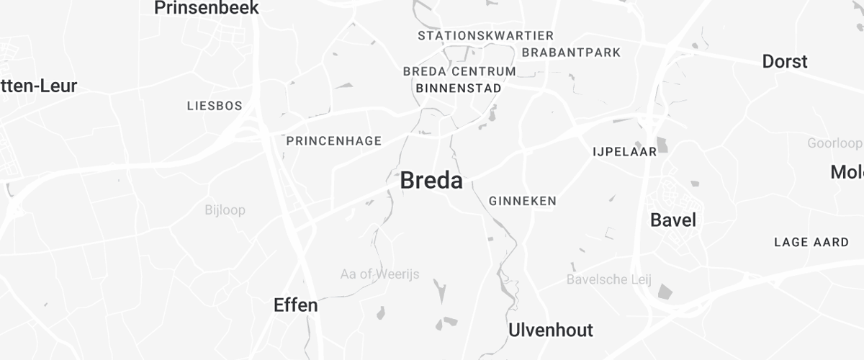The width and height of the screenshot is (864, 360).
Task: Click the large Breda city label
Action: click(431, 180)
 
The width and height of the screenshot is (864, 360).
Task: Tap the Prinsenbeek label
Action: click(207, 8)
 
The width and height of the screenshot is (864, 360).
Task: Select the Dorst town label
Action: click(785, 62)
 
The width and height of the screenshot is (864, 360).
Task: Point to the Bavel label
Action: click(673, 220)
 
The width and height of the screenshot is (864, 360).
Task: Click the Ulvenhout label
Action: click(551, 330)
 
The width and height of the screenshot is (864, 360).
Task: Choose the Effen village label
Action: click(296, 305)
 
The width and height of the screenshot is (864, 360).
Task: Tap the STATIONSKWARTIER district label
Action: click(486, 35)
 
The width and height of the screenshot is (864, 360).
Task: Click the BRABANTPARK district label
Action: click(571, 53)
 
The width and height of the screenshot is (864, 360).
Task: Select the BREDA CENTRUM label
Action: click(459, 71)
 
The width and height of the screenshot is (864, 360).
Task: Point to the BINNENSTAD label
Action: click(459, 88)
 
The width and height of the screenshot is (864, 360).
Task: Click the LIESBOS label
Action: click(215, 106)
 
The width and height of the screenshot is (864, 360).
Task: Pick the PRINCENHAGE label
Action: click(334, 140)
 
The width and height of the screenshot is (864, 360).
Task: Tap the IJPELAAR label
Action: click(624, 152)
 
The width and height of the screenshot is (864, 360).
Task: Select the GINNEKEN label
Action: click(523, 201)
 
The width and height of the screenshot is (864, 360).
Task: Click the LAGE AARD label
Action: click(811, 242)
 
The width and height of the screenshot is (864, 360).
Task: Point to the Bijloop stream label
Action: click(225, 210)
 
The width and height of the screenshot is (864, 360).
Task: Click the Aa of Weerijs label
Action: click(379, 274)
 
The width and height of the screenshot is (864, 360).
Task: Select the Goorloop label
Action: click(834, 143)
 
